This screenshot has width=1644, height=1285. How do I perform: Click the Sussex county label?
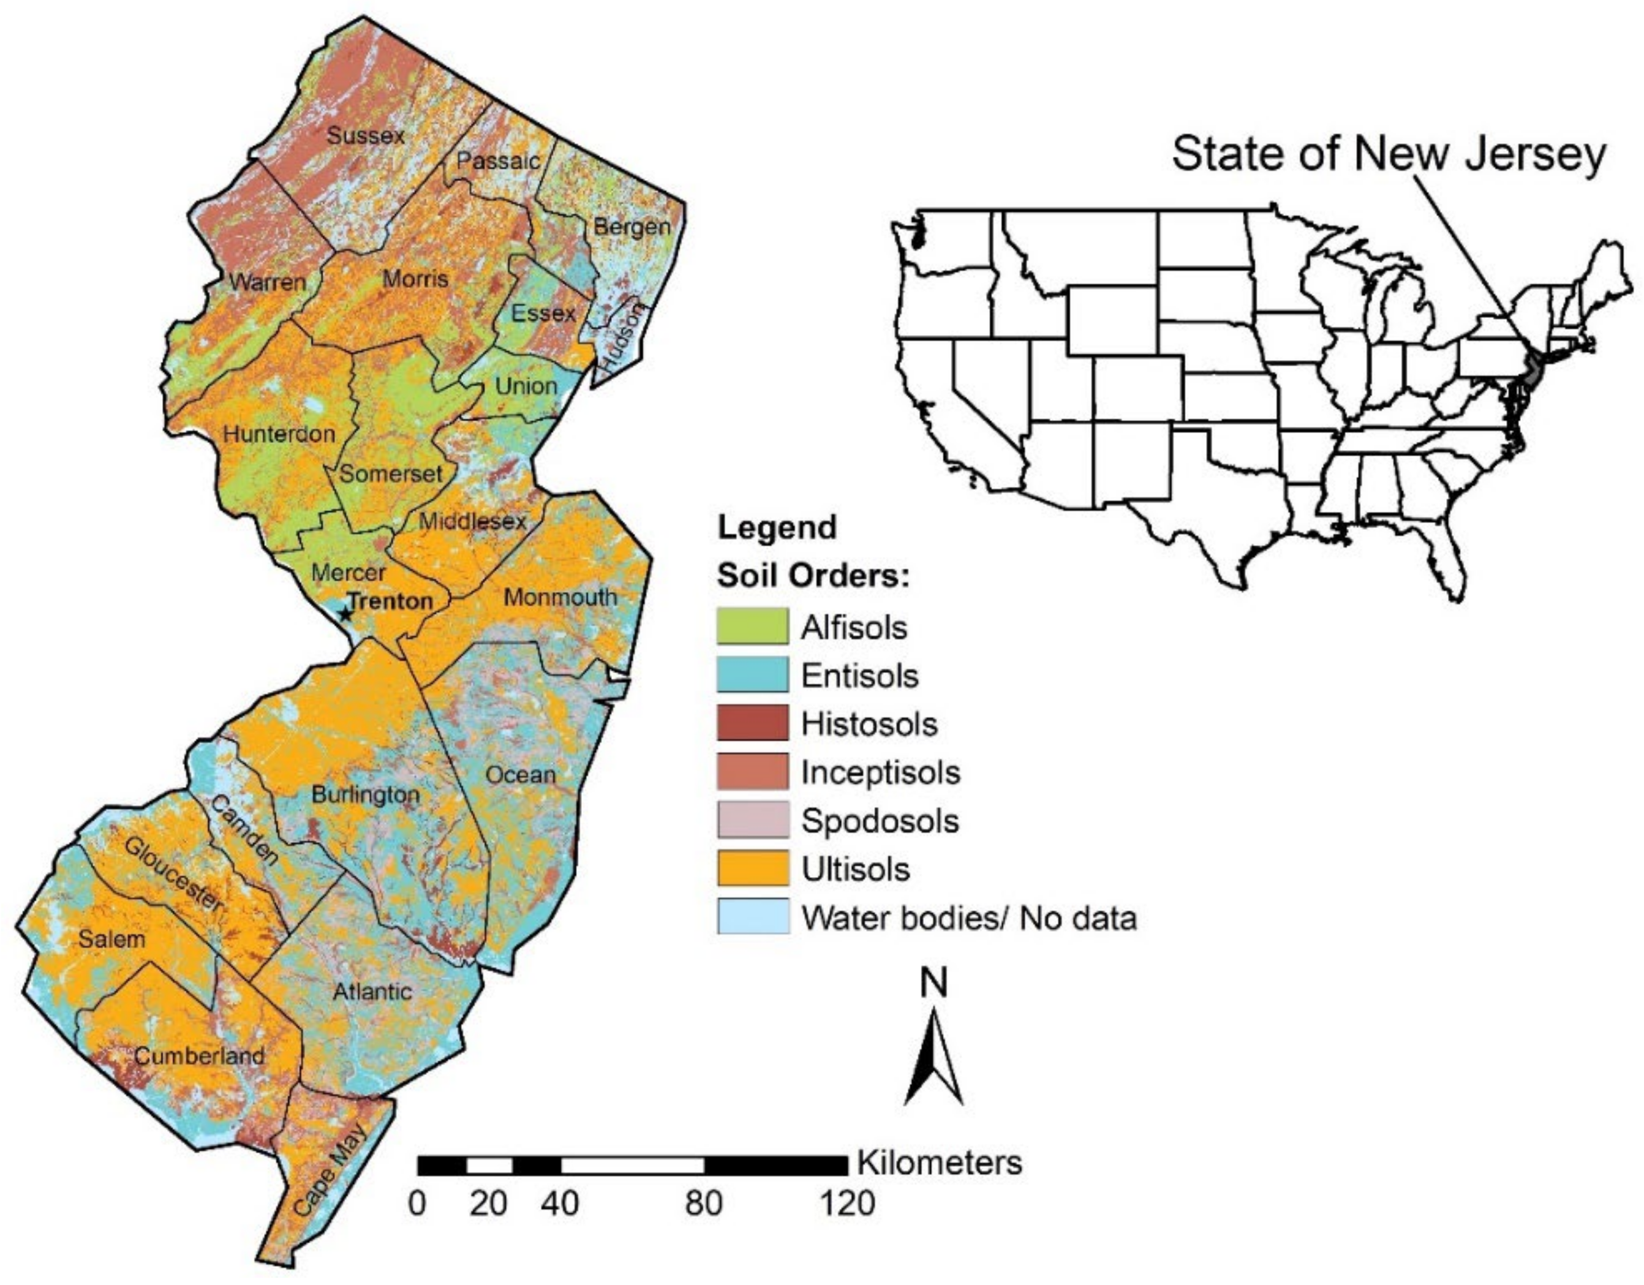click(x=365, y=136)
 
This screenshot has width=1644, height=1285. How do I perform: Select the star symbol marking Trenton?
click(x=345, y=614)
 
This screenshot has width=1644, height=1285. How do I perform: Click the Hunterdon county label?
click(x=279, y=434)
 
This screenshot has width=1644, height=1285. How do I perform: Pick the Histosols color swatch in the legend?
click(x=752, y=723)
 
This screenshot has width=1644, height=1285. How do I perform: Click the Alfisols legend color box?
click(x=752, y=627)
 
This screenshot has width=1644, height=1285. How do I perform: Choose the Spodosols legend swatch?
click(x=752, y=820)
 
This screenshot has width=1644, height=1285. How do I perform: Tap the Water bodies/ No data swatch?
click(x=752, y=917)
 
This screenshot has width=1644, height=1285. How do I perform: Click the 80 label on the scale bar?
click(x=703, y=1203)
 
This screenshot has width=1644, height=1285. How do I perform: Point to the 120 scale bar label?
click(x=847, y=1203)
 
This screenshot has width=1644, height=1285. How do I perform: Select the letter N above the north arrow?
click(x=933, y=983)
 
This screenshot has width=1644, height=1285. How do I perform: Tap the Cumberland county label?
click(x=200, y=1055)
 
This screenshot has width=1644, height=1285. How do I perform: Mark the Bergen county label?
click(x=632, y=227)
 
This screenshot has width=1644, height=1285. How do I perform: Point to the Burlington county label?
click(x=365, y=794)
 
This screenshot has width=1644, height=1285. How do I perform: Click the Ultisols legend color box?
click(x=752, y=869)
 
